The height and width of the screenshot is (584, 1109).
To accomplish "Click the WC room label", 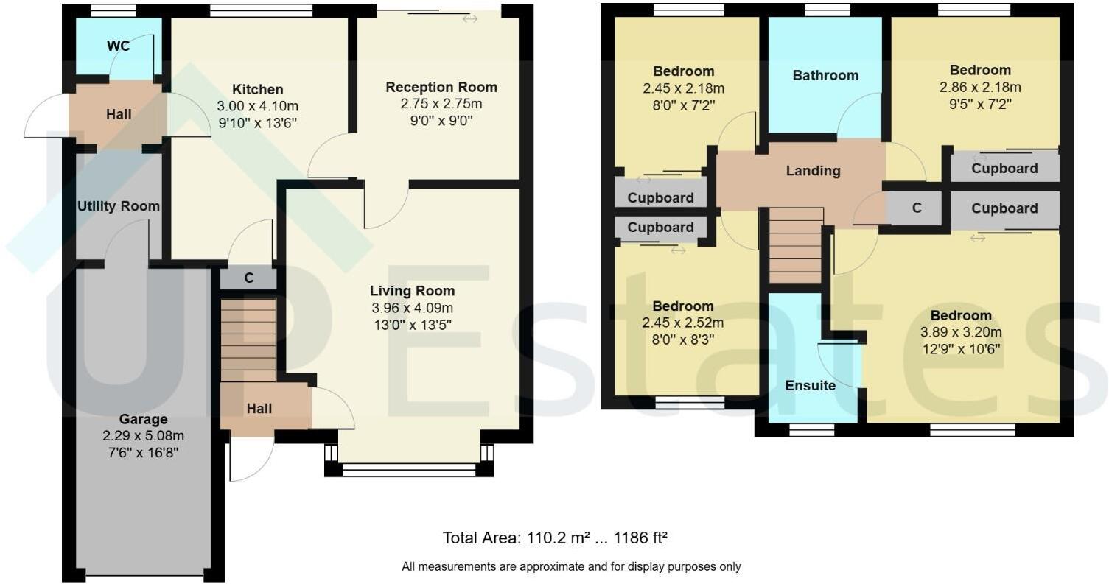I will tap(118, 46).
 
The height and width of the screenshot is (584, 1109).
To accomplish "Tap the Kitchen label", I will tap(258, 90).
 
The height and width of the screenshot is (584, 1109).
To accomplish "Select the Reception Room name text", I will tap(441, 87).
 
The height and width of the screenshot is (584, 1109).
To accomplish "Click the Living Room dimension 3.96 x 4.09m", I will tap(412, 308).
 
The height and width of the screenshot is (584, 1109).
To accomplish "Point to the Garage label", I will tap(144, 419).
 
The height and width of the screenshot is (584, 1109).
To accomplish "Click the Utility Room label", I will tap(118, 206).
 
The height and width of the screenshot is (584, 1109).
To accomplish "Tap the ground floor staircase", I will tap(248, 340).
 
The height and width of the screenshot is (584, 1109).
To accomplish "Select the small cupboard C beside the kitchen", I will tap(249, 278).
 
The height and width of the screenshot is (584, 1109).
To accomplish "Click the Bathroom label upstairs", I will tap(825, 75).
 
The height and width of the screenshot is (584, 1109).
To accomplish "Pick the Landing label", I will tap(813, 171).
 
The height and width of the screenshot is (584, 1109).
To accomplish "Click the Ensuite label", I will tap(810, 386).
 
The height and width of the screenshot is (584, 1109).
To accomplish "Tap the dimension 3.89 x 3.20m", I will tap(961, 332).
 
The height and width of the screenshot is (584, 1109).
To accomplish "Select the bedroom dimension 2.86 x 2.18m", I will tap(979, 88).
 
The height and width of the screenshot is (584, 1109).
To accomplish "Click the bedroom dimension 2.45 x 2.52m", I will tap(683, 323).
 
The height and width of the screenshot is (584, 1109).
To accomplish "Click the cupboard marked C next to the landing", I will tap(916, 208).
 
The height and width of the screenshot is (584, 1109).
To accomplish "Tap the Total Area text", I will tap(554, 538).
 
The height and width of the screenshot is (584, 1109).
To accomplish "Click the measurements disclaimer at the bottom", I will tap(570, 566).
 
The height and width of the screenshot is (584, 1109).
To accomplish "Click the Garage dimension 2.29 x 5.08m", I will tap(144, 435).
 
